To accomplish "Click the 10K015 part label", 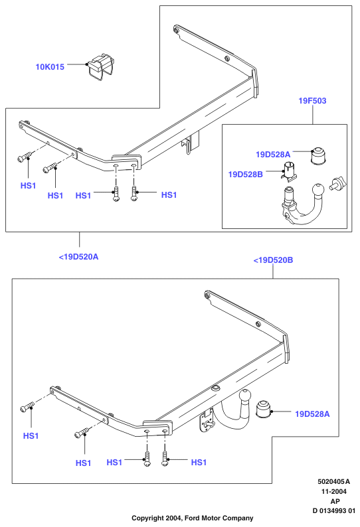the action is tap(50, 67).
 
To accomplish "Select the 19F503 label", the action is tap(312, 100).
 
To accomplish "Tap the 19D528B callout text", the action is tap(245, 175).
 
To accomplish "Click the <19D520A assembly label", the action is tap(79, 257).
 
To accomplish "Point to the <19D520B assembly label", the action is tap(273, 260).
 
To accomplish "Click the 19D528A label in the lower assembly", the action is tap(312, 414).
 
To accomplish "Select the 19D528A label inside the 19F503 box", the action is tap(273, 154).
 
